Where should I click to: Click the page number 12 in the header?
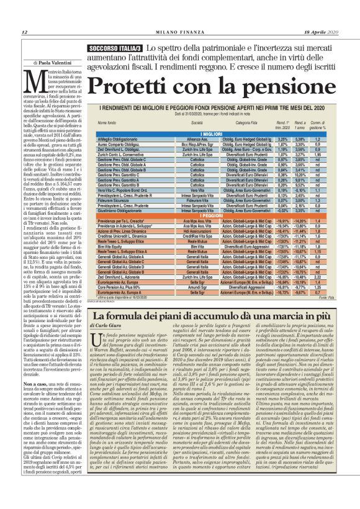[24, 32]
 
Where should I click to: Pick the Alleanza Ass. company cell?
[179, 140]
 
